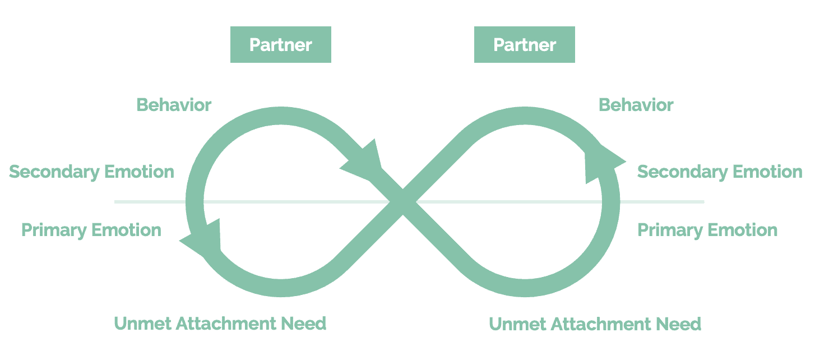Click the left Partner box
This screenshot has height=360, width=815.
[x=280, y=45]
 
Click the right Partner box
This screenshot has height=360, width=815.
[x=524, y=45]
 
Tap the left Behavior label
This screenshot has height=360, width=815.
[x=174, y=105]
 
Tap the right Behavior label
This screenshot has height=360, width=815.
[x=636, y=105]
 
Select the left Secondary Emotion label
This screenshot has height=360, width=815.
[x=91, y=172]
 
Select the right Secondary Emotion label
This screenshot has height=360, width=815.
[x=720, y=172]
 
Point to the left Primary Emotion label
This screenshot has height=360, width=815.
[x=91, y=230]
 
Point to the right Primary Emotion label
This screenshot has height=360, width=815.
[x=707, y=230]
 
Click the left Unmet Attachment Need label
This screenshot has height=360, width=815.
[x=220, y=323]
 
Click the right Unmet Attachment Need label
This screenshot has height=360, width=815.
[x=595, y=324]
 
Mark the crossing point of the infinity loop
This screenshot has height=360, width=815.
[x=402, y=201]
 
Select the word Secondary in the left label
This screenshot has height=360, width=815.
[x=54, y=172]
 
